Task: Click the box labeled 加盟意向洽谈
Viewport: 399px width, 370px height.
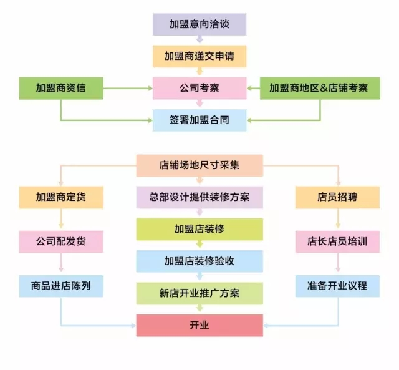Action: [x=199, y=24]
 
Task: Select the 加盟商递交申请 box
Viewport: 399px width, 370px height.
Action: [x=199, y=56]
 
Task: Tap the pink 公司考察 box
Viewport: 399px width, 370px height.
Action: [x=199, y=88]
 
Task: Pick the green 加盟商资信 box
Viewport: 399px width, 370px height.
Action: [x=60, y=88]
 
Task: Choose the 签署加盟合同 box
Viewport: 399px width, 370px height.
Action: [x=199, y=119]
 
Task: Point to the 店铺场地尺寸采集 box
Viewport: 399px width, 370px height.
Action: [x=199, y=165]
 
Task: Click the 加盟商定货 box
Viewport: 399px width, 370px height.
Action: [x=60, y=197]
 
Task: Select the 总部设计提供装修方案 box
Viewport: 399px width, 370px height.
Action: [x=199, y=197]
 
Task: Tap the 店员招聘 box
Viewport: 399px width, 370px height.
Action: [x=337, y=197]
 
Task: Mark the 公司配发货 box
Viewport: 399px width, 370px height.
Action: [x=60, y=240]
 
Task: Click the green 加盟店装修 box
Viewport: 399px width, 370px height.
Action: [x=199, y=229]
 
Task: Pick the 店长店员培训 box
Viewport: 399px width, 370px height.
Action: [x=337, y=240]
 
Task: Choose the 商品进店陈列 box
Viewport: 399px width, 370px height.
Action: [x=60, y=285]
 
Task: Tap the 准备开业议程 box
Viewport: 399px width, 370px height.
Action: [x=337, y=285]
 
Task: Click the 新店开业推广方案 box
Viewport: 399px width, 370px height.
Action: [x=199, y=293]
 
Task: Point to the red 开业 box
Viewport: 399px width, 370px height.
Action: [x=199, y=325]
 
